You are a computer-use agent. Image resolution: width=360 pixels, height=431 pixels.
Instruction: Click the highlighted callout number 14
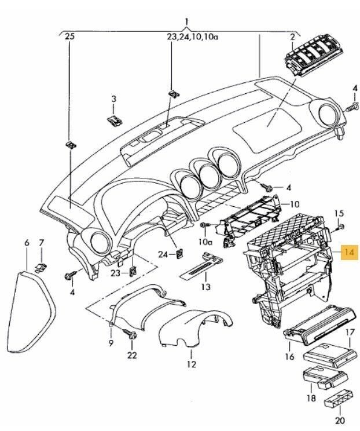click(350, 253)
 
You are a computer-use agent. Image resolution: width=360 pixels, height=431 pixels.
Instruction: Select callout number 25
click(71, 37)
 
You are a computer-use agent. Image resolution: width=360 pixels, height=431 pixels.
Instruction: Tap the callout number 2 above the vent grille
click(293, 37)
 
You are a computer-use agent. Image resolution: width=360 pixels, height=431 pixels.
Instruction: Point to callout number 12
click(192, 364)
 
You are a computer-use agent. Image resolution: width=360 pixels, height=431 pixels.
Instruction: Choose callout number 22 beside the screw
click(133, 355)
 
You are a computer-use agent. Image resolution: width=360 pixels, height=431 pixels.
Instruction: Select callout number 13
click(205, 287)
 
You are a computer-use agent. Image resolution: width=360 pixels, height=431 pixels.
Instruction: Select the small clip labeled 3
click(115, 120)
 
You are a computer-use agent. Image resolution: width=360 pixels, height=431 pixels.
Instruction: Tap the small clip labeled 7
click(41, 265)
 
